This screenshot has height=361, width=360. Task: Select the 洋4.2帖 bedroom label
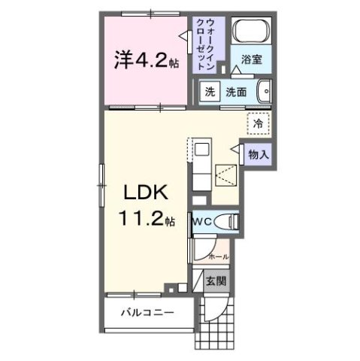pos(147,58)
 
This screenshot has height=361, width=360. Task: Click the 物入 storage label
pos(259,153)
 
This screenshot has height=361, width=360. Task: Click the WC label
pos(201,223)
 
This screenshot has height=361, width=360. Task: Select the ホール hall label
pos(219,256)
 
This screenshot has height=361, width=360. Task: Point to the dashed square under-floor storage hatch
pos(225,175)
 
